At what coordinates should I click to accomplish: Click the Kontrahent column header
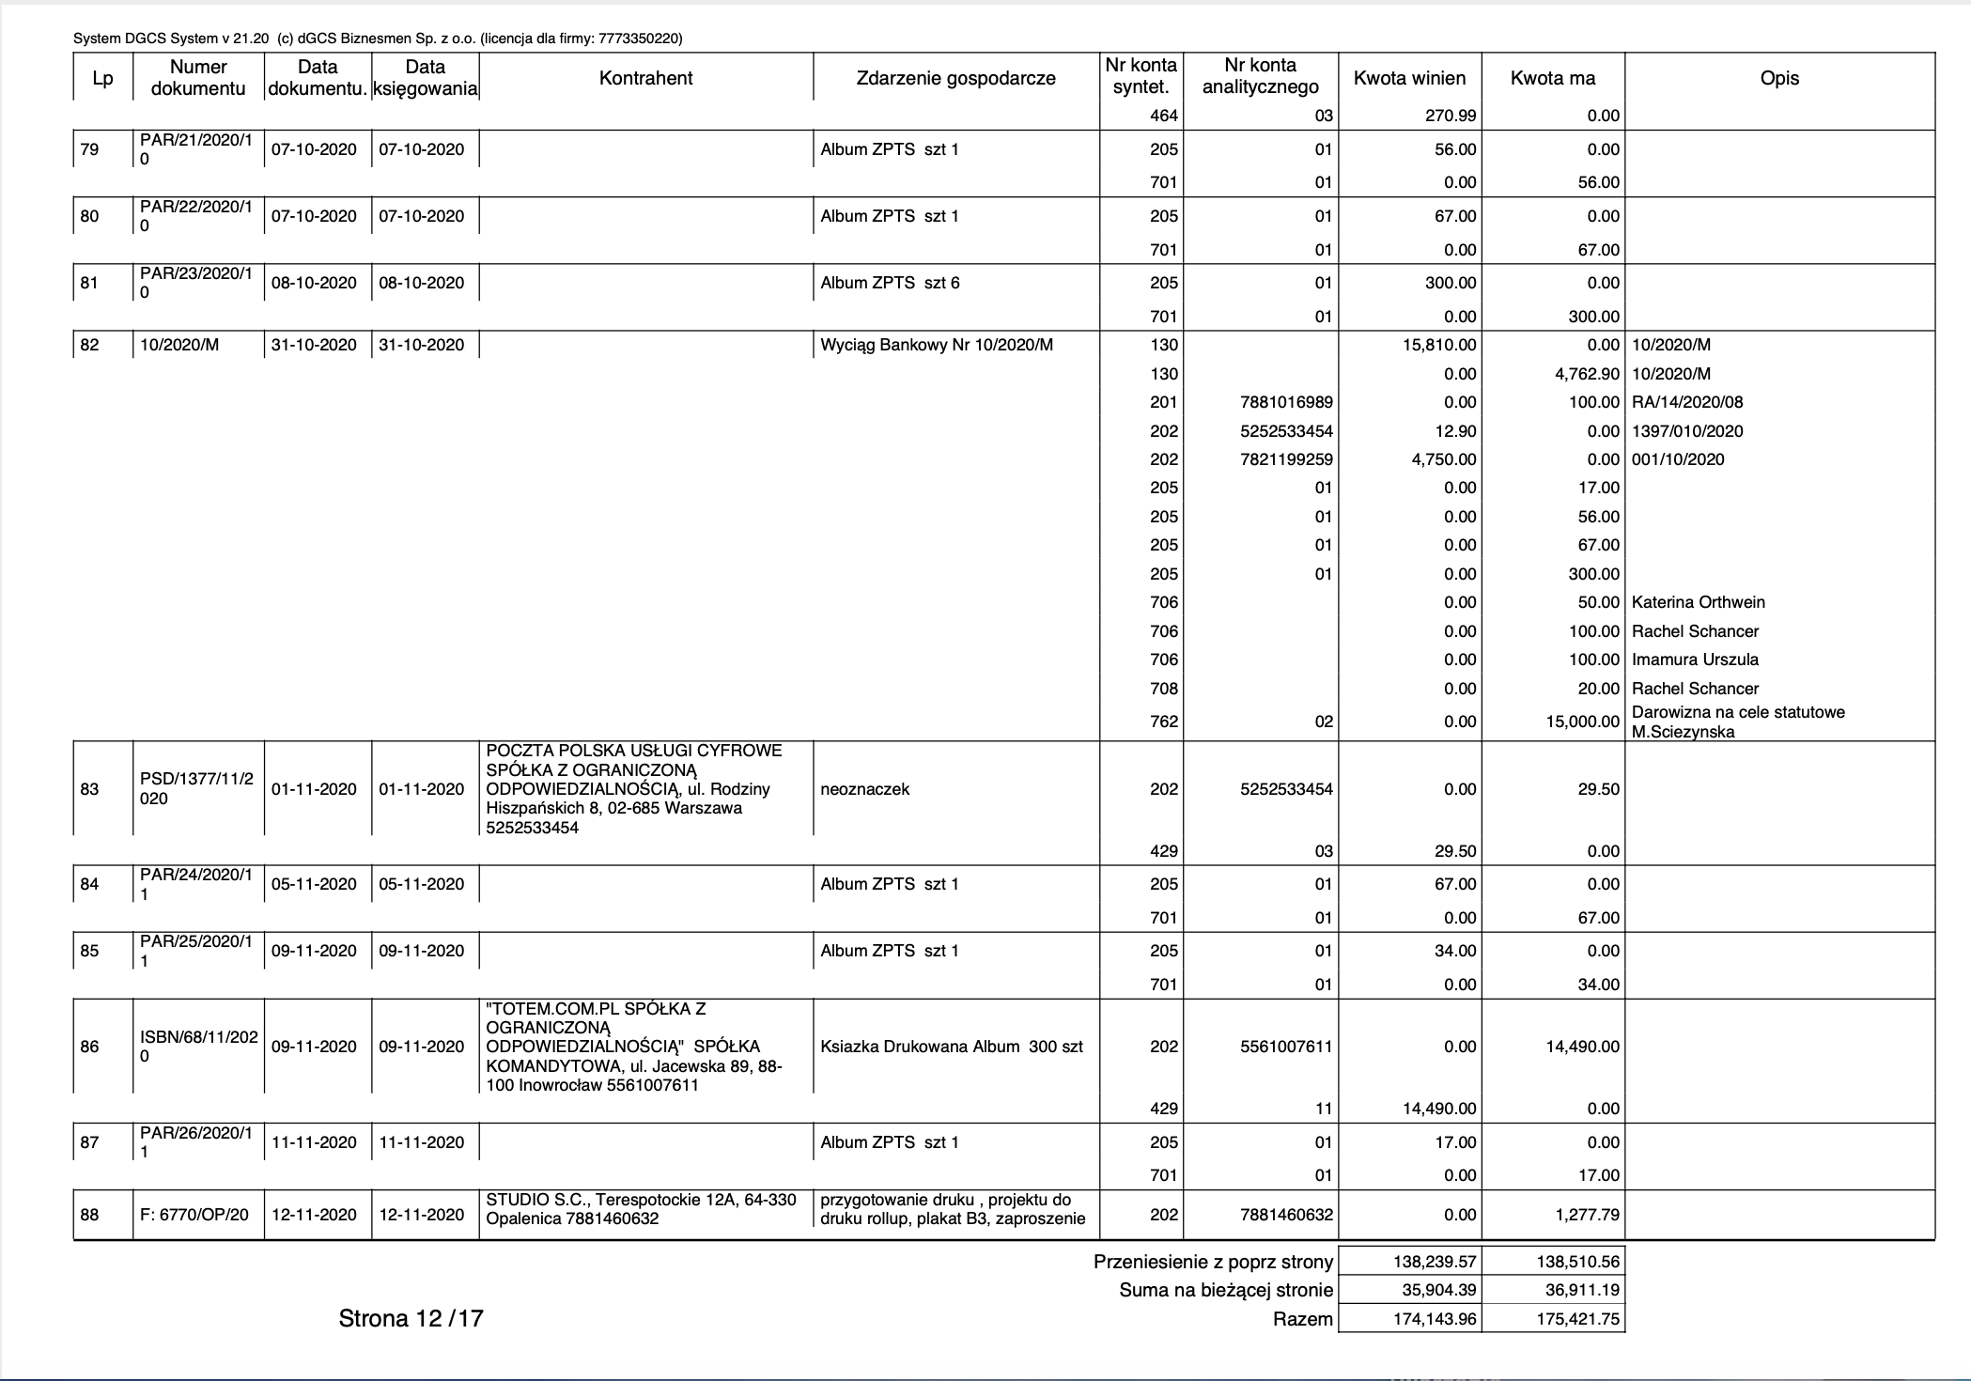tap(645, 78)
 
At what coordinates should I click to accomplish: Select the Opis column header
tap(1779, 78)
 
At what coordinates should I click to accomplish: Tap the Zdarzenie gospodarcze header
tap(955, 78)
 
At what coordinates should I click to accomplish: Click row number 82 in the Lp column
tap(90, 345)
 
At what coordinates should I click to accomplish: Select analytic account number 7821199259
tap(1286, 459)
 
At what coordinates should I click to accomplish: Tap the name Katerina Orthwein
tap(1699, 602)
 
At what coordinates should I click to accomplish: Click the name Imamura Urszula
tap(1695, 659)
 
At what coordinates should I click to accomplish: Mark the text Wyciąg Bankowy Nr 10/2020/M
tap(937, 345)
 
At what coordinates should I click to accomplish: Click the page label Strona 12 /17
tap(411, 1318)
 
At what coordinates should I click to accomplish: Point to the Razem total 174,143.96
tap(1435, 1319)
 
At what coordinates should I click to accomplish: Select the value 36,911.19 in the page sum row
tap(1582, 1290)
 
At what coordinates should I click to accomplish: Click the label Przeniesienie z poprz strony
tap(1213, 1262)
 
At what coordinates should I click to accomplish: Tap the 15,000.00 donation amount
tap(1582, 722)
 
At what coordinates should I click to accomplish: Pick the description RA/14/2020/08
tap(1687, 402)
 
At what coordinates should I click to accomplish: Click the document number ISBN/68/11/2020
tap(198, 1047)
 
